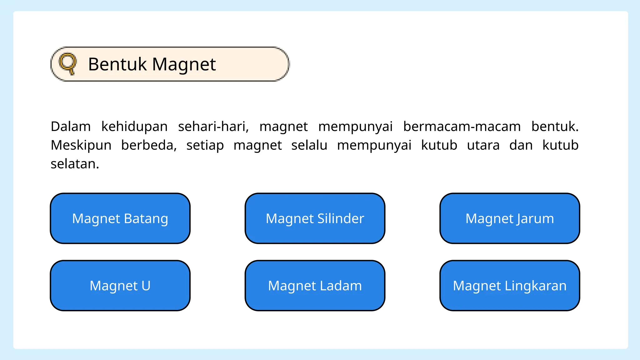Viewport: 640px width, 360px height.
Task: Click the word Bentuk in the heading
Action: (117, 64)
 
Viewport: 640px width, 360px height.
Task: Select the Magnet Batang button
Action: (120, 218)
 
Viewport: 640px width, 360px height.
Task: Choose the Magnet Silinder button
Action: (315, 218)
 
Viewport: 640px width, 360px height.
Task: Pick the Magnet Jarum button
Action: (510, 218)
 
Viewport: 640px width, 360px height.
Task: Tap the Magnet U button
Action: (120, 286)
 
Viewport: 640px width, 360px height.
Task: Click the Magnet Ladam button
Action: (315, 286)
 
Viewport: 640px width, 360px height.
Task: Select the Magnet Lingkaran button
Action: (510, 286)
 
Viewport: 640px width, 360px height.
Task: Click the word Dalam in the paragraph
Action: (71, 127)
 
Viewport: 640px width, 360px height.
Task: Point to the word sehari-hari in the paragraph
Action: (213, 127)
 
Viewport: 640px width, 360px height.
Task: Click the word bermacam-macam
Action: (462, 127)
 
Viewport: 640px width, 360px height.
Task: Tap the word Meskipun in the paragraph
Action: (81, 145)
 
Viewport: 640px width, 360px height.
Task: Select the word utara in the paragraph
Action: (483, 145)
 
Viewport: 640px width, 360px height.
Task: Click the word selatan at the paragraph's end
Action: (75, 164)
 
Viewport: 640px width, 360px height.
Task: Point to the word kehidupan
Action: (134, 127)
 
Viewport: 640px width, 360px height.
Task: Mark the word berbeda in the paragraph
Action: (149, 145)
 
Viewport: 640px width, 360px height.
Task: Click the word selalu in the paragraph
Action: (309, 145)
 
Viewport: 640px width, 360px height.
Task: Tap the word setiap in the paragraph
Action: (205, 145)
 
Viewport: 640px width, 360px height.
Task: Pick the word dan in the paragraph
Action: (521, 145)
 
